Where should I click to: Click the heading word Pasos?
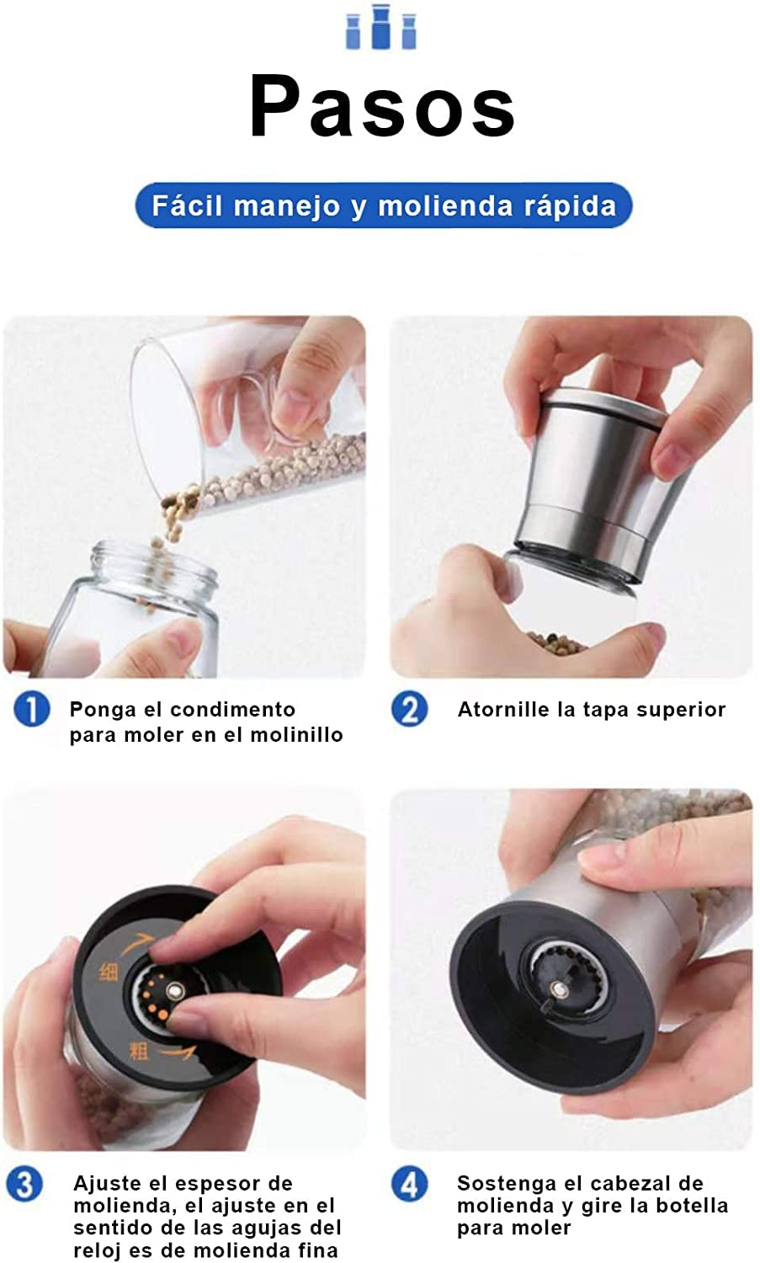[382, 107]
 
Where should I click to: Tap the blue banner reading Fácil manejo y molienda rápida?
[384, 205]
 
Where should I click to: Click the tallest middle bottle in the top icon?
[381, 26]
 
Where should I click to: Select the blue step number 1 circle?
[32, 709]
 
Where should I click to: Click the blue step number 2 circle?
[409, 709]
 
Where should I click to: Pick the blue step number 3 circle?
[24, 1184]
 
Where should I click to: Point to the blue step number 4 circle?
[409, 1184]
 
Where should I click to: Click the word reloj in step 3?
[98, 1250]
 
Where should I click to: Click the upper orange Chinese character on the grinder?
[109, 971]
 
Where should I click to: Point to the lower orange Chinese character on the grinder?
[139, 1051]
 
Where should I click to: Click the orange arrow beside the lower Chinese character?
[177, 1052]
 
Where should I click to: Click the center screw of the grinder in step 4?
[559, 988]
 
